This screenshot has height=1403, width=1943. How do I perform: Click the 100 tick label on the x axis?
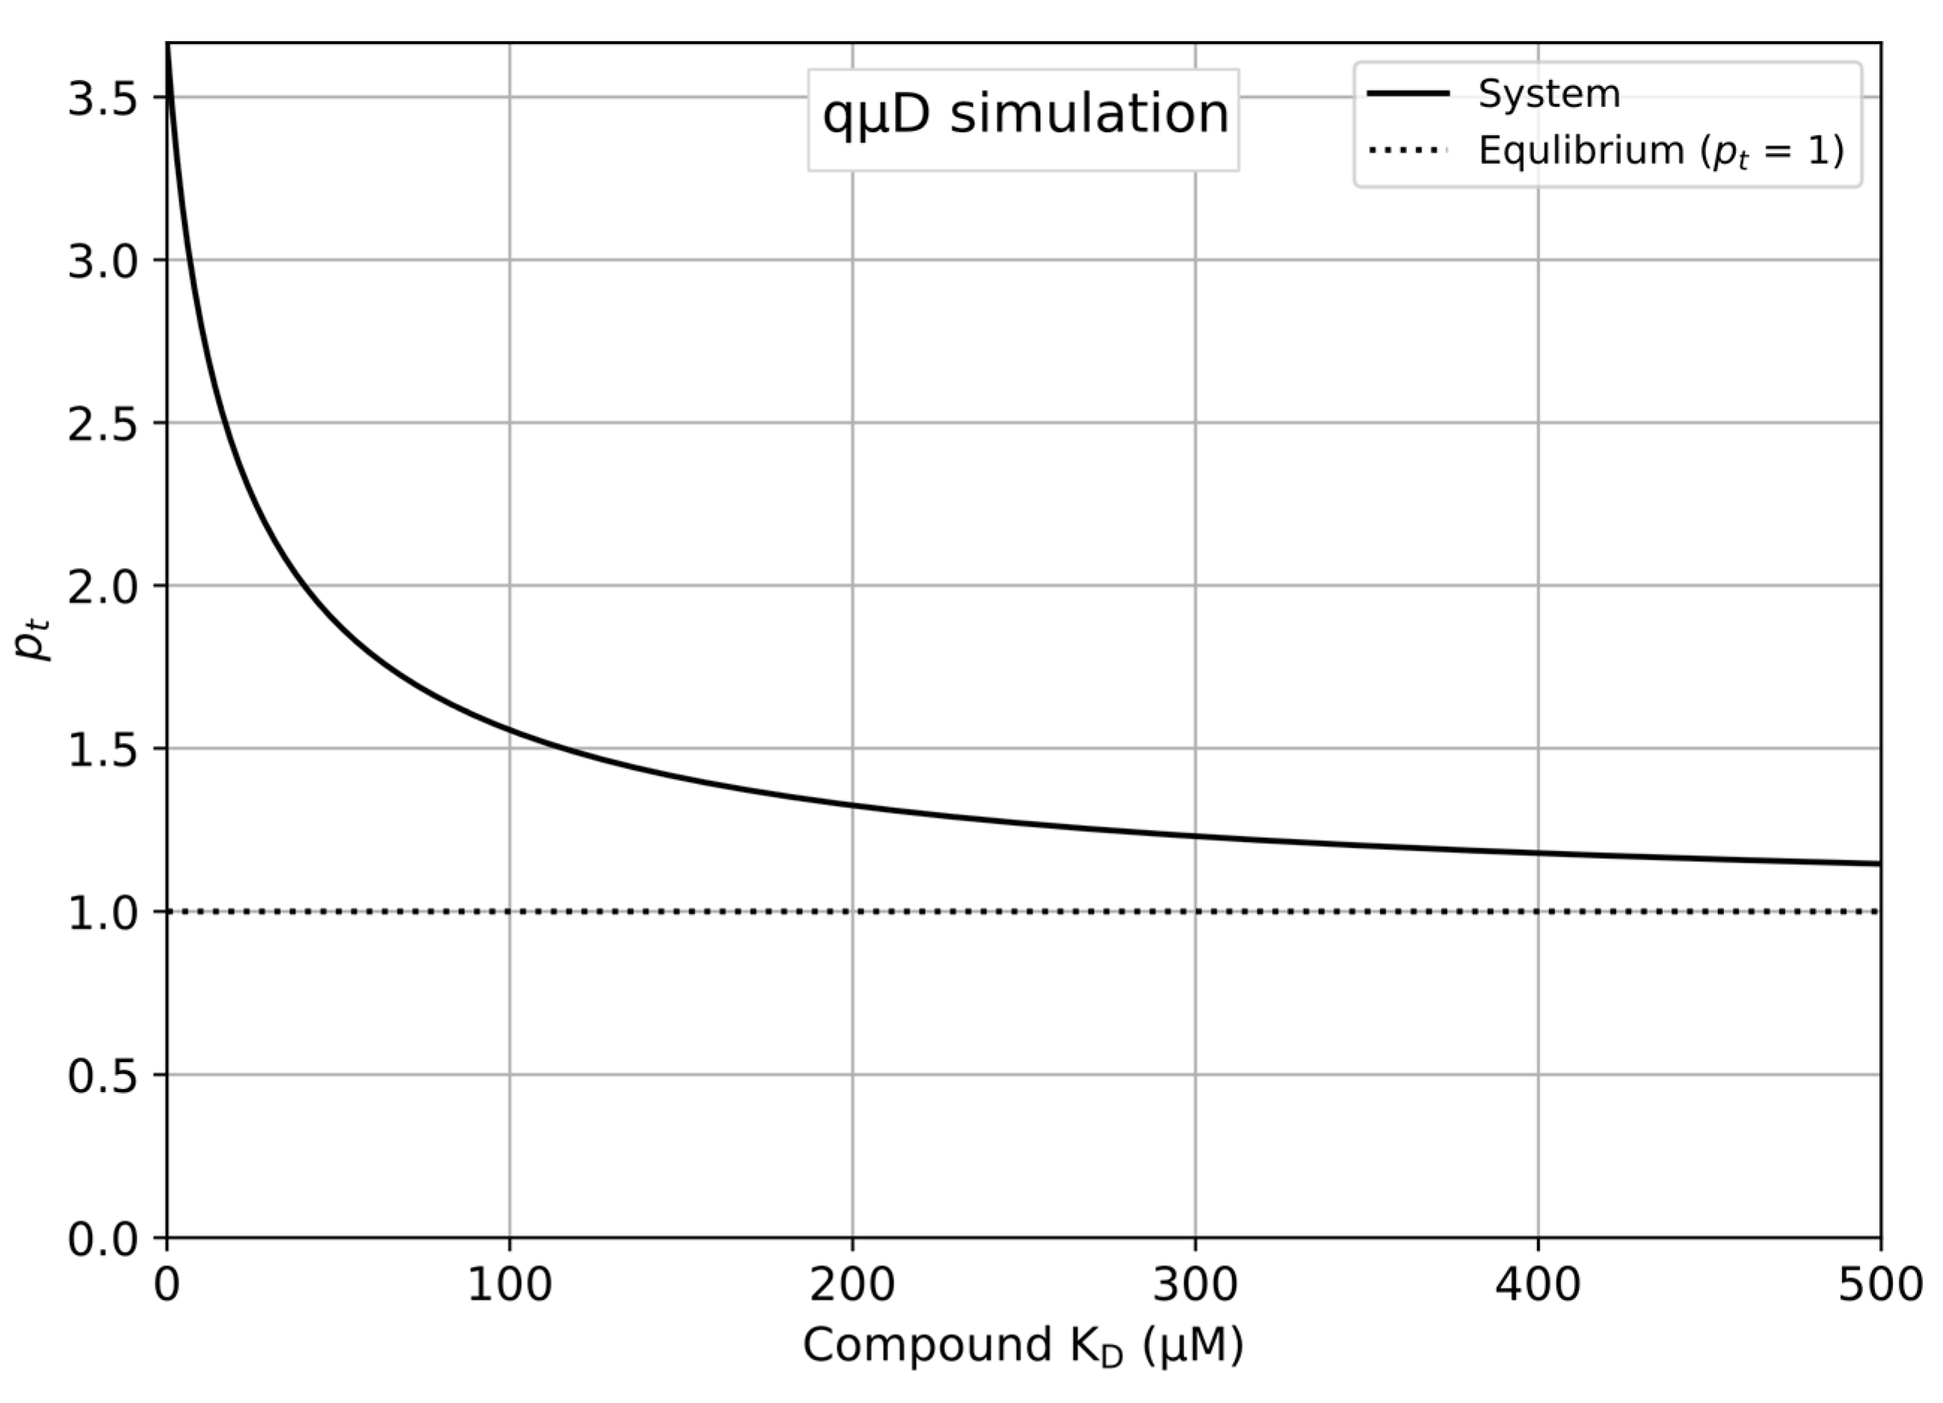(x=509, y=1286)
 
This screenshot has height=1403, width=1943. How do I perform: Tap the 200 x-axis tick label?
(x=852, y=1286)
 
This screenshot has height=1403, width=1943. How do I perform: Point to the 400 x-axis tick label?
(x=1538, y=1286)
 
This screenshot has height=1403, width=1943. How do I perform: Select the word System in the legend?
(x=1549, y=93)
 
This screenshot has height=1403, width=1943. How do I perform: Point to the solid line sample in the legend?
(x=1408, y=93)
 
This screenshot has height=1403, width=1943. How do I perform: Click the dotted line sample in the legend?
(x=1408, y=151)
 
